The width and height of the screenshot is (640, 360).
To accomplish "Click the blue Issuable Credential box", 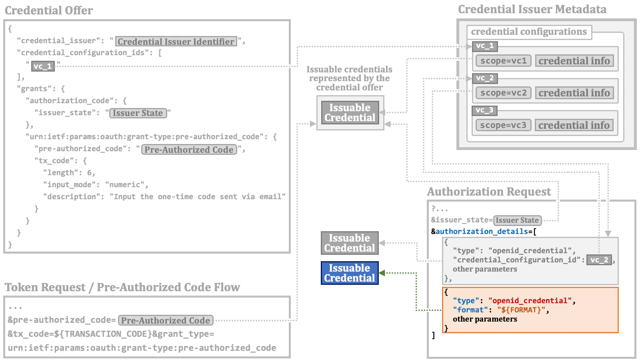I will pyautogui.click(x=350, y=273).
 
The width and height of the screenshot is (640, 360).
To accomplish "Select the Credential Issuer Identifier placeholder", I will pyautogui.click(x=176, y=42).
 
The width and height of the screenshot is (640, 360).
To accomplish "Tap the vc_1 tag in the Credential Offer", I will pyautogui.click(x=43, y=66).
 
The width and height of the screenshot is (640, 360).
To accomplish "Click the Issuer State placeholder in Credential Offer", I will pyautogui.click(x=138, y=113).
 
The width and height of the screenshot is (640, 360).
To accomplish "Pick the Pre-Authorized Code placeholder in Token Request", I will pyautogui.click(x=166, y=320).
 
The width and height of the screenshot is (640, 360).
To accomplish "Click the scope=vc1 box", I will pyautogui.click(x=503, y=61).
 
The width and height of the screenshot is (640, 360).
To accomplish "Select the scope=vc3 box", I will pyautogui.click(x=503, y=125).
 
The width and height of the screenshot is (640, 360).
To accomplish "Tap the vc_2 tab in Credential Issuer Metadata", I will pyautogui.click(x=485, y=78).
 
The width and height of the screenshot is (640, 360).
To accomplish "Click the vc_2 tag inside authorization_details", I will pyautogui.click(x=599, y=260).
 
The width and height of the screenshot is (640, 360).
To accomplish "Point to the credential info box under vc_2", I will pyautogui.click(x=574, y=93).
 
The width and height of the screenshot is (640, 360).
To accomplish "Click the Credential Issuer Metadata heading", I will pyautogui.click(x=532, y=9).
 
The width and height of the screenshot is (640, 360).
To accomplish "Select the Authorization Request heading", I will pyautogui.click(x=489, y=192).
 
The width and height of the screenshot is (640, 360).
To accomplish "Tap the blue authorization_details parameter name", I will pyautogui.click(x=482, y=232).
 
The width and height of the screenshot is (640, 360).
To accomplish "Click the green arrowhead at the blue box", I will pyautogui.click(x=382, y=273).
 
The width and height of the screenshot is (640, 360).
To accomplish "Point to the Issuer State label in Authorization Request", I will pyautogui.click(x=517, y=220).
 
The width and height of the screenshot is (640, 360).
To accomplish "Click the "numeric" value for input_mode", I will pyautogui.click(x=124, y=185).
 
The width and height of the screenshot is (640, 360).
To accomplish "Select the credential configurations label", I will pyautogui.click(x=528, y=32).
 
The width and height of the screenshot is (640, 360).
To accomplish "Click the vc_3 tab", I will pyautogui.click(x=484, y=110).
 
